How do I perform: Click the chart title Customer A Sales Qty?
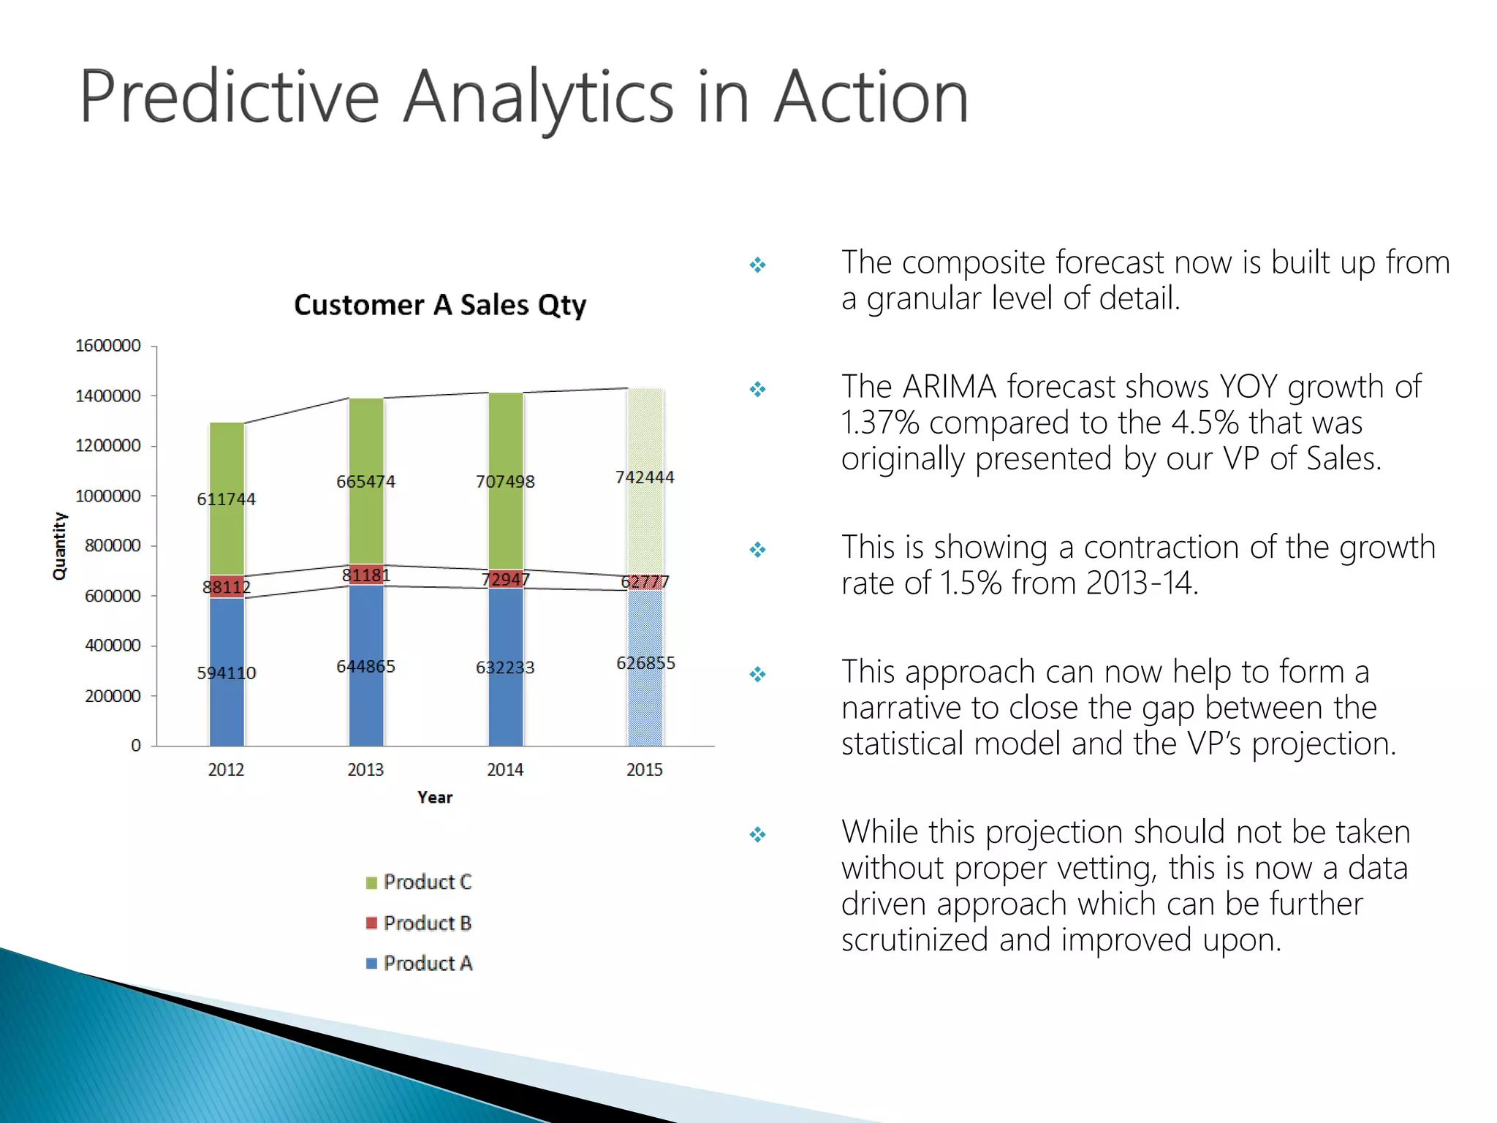[x=440, y=305]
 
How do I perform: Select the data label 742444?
[x=645, y=477]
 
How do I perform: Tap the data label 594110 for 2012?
[x=227, y=673]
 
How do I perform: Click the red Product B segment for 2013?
[x=366, y=575]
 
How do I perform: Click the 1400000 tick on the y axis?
[x=108, y=396]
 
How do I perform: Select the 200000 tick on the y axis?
[x=113, y=696]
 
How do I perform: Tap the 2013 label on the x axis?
[x=365, y=770]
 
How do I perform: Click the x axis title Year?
[x=435, y=798]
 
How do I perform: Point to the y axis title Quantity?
[x=59, y=545]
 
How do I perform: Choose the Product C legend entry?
[x=420, y=882]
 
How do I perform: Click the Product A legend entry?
[x=420, y=964]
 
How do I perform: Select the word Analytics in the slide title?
[x=538, y=97]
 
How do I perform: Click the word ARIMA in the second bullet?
[x=950, y=387]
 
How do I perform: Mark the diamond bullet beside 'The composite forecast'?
[x=758, y=265]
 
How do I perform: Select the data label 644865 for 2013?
[x=365, y=666]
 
